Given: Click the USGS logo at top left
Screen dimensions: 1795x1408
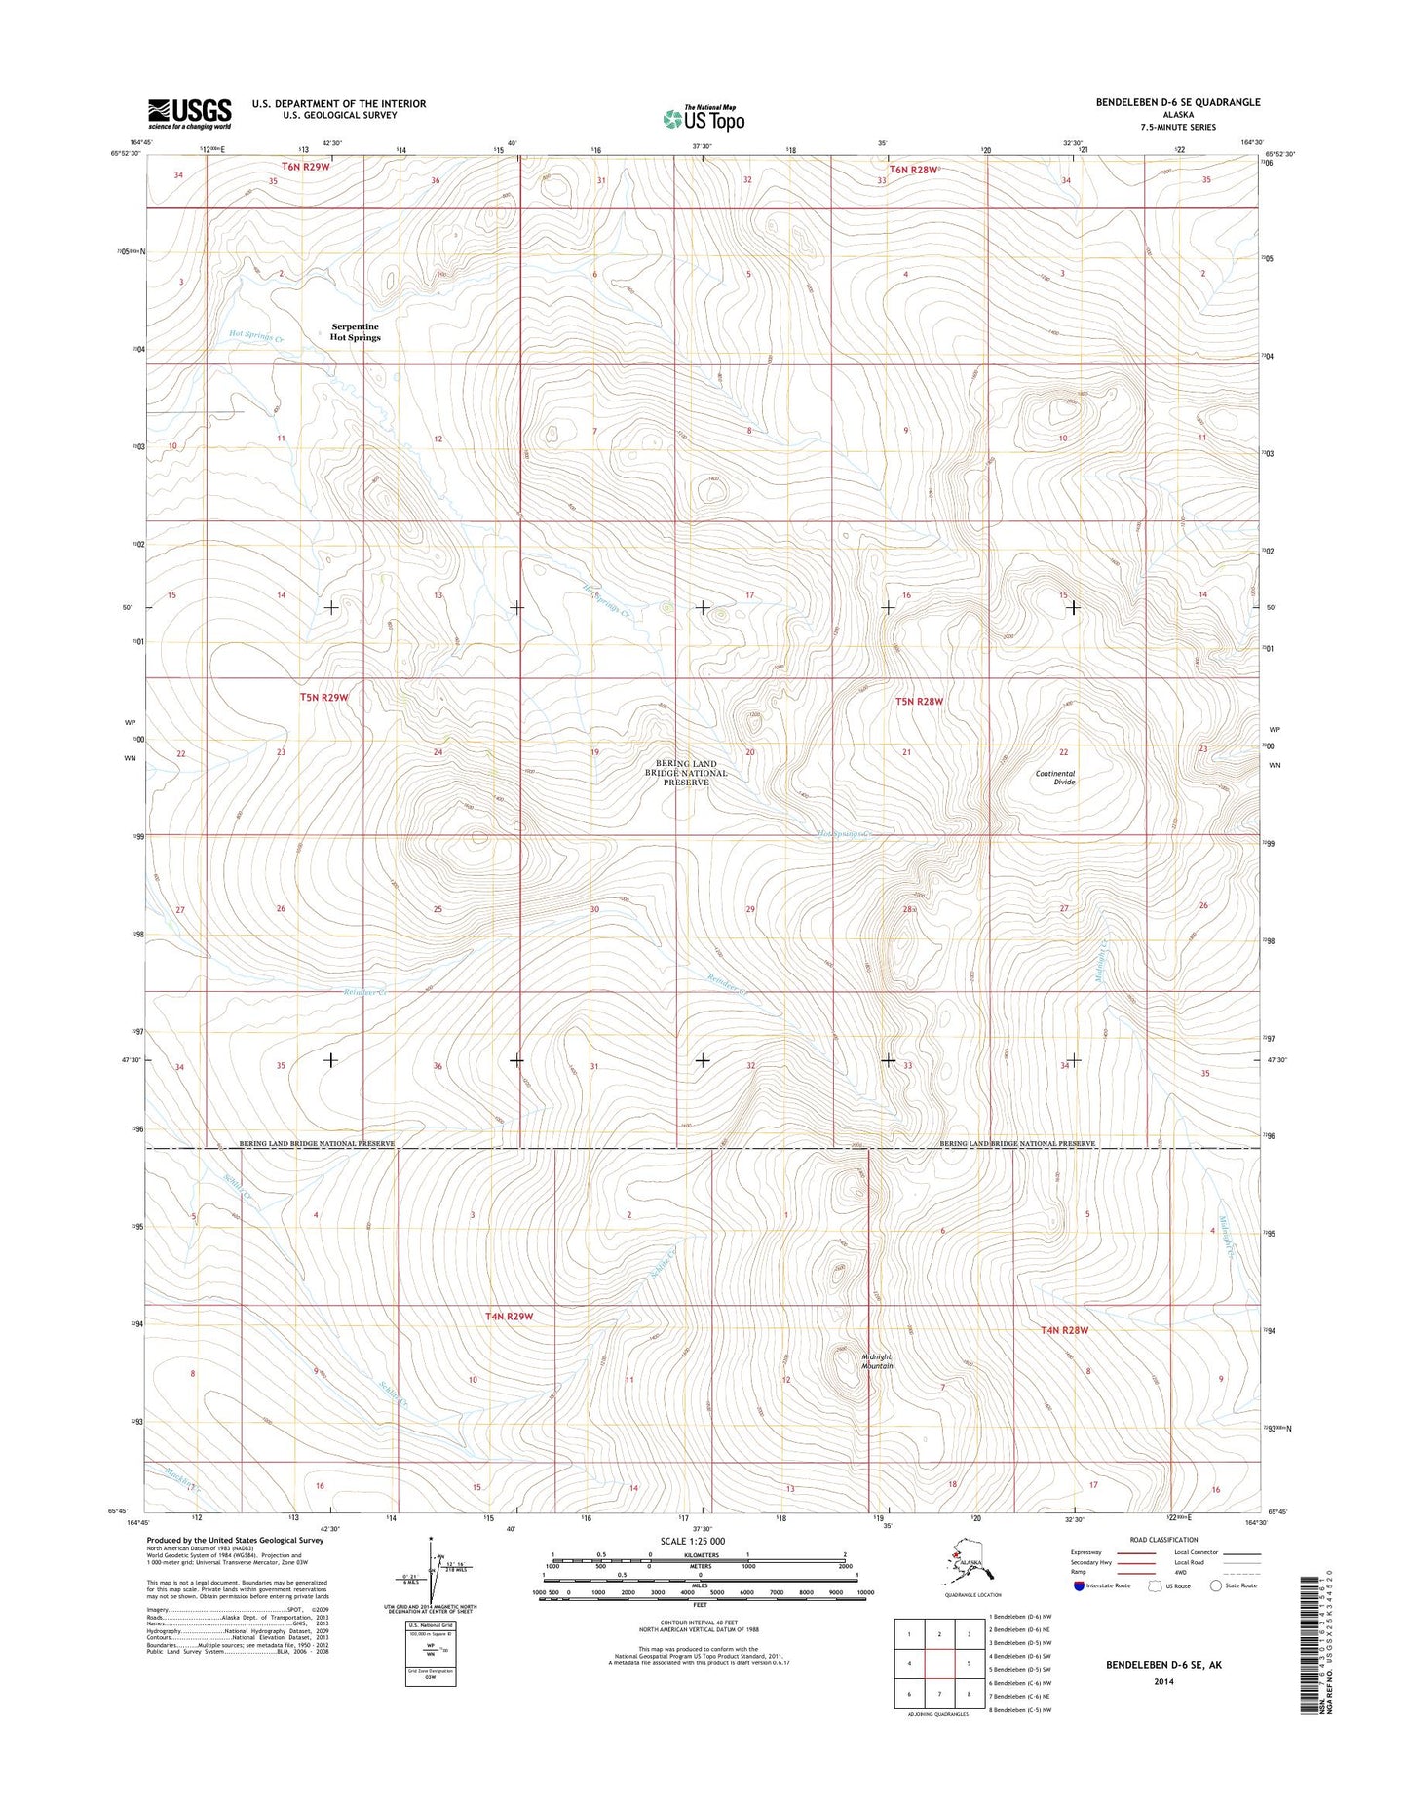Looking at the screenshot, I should tap(189, 113).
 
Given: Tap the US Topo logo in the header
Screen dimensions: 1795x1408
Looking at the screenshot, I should tap(704, 118).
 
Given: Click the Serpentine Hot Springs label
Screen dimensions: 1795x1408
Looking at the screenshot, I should tap(355, 332).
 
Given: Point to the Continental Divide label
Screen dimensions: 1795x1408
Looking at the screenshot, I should tap(1055, 778).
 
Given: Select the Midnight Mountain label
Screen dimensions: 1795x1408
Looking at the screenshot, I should tap(876, 1361).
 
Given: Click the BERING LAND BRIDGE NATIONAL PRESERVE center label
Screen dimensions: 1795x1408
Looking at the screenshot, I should tap(686, 773).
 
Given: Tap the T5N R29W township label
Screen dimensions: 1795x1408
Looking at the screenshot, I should tap(323, 698).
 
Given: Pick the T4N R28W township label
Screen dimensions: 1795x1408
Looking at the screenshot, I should tap(1064, 1330).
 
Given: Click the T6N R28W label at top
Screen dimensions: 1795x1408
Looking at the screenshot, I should tap(912, 170).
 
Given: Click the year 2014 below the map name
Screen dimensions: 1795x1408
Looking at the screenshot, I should tap(1163, 1681).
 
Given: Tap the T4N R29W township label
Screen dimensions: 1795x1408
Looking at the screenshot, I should tap(509, 1317).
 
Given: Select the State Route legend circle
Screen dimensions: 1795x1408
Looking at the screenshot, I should tap(1216, 1585).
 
